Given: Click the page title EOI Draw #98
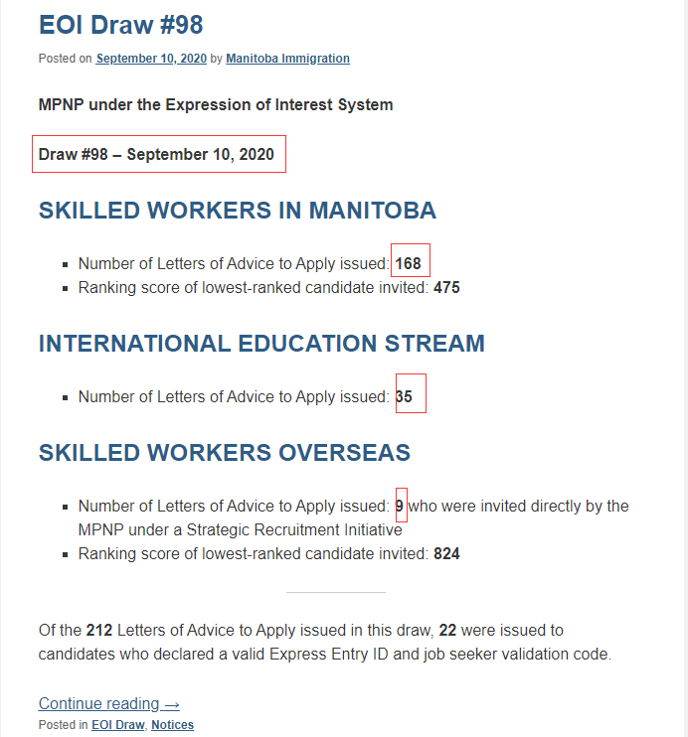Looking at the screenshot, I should point(120,25).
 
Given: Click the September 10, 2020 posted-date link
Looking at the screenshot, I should point(151,59).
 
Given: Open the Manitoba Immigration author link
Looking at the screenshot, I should point(287,59).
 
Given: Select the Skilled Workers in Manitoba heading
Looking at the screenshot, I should point(237,211).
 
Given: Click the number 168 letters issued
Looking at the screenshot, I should point(409,263).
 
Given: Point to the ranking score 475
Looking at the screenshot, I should point(446,288).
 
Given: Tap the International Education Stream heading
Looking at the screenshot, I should point(261,344).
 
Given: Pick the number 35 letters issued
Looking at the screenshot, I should point(404,396).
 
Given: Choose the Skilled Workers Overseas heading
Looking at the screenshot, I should point(224,453).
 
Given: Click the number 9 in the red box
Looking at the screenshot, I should point(400,506).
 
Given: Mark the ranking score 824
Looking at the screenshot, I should point(446,553).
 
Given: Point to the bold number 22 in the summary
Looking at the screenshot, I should point(448,630).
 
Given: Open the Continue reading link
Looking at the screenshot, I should point(109,703).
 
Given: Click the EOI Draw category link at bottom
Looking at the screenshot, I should point(117,725).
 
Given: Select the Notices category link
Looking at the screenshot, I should point(172,725).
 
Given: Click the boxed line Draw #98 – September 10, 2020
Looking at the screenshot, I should point(156,154).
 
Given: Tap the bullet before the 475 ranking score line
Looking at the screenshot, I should point(65,289).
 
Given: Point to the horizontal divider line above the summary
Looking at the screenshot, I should point(335,592).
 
